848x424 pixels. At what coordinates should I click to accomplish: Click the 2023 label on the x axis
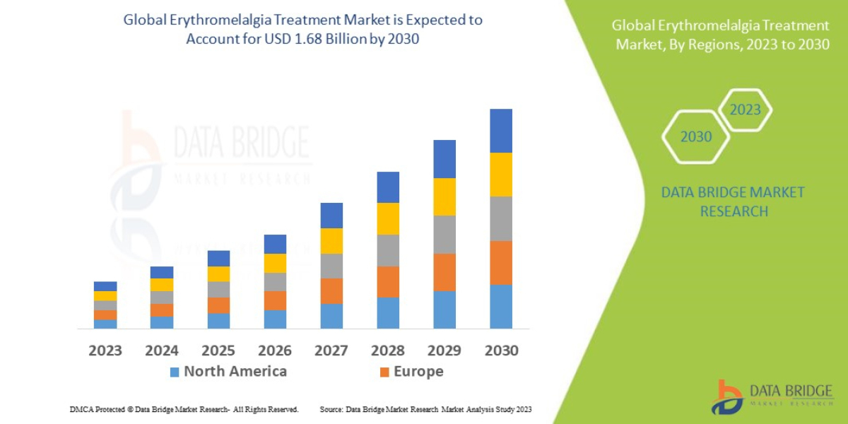pyautogui.click(x=105, y=351)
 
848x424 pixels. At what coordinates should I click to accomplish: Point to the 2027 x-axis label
pyautogui.click(x=331, y=351)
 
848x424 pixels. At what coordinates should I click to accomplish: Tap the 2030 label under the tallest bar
pyautogui.click(x=501, y=351)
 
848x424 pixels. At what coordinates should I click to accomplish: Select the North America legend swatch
pyautogui.click(x=175, y=372)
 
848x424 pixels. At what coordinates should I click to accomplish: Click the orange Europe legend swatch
pyautogui.click(x=384, y=372)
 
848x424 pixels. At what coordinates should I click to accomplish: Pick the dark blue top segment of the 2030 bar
pyautogui.click(x=501, y=131)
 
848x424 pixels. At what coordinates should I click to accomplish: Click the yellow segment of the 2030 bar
pyautogui.click(x=501, y=175)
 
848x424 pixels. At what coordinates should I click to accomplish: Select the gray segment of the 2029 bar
pyautogui.click(x=444, y=235)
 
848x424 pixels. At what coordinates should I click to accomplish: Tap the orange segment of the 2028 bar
pyautogui.click(x=388, y=282)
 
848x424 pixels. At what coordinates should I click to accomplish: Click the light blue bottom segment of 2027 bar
pyautogui.click(x=331, y=316)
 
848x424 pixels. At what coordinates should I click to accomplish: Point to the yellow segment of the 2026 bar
pyautogui.click(x=275, y=263)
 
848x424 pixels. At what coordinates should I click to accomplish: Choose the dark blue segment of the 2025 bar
pyautogui.click(x=218, y=258)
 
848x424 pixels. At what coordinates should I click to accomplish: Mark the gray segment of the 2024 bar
pyautogui.click(x=162, y=298)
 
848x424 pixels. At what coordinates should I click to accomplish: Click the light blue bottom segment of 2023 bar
pyautogui.click(x=105, y=324)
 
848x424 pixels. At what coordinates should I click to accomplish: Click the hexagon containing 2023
pyautogui.click(x=745, y=110)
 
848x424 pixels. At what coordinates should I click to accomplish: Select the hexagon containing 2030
pyautogui.click(x=696, y=137)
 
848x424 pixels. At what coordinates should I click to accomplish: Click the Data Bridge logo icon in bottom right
pyautogui.click(x=726, y=397)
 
